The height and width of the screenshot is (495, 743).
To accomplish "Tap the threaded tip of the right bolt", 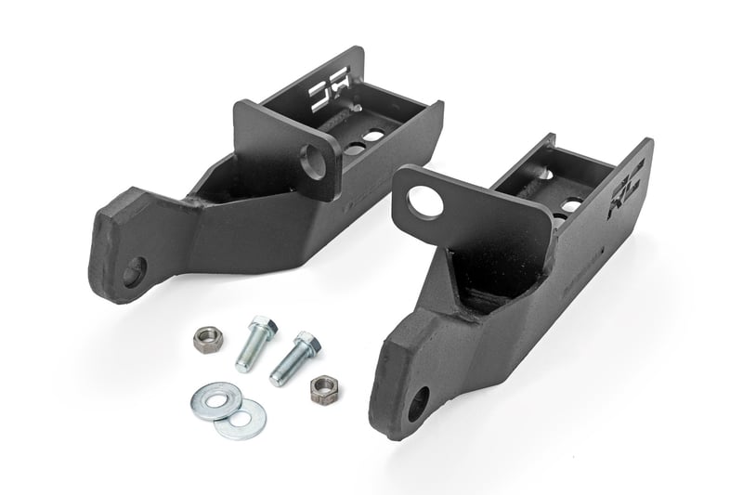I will coord(277,376).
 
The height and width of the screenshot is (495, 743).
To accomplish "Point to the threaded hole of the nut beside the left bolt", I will coord(205,339).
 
